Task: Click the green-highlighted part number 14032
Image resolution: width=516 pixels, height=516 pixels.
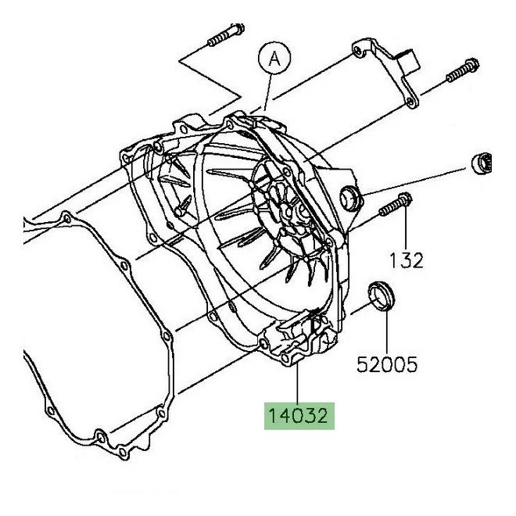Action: pyautogui.click(x=298, y=414)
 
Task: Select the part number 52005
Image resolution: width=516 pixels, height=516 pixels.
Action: pyautogui.click(x=388, y=364)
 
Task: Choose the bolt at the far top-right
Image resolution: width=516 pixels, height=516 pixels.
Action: pyautogui.click(x=462, y=71)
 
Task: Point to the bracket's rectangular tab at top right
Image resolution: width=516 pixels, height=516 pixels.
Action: pyautogui.click(x=406, y=59)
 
